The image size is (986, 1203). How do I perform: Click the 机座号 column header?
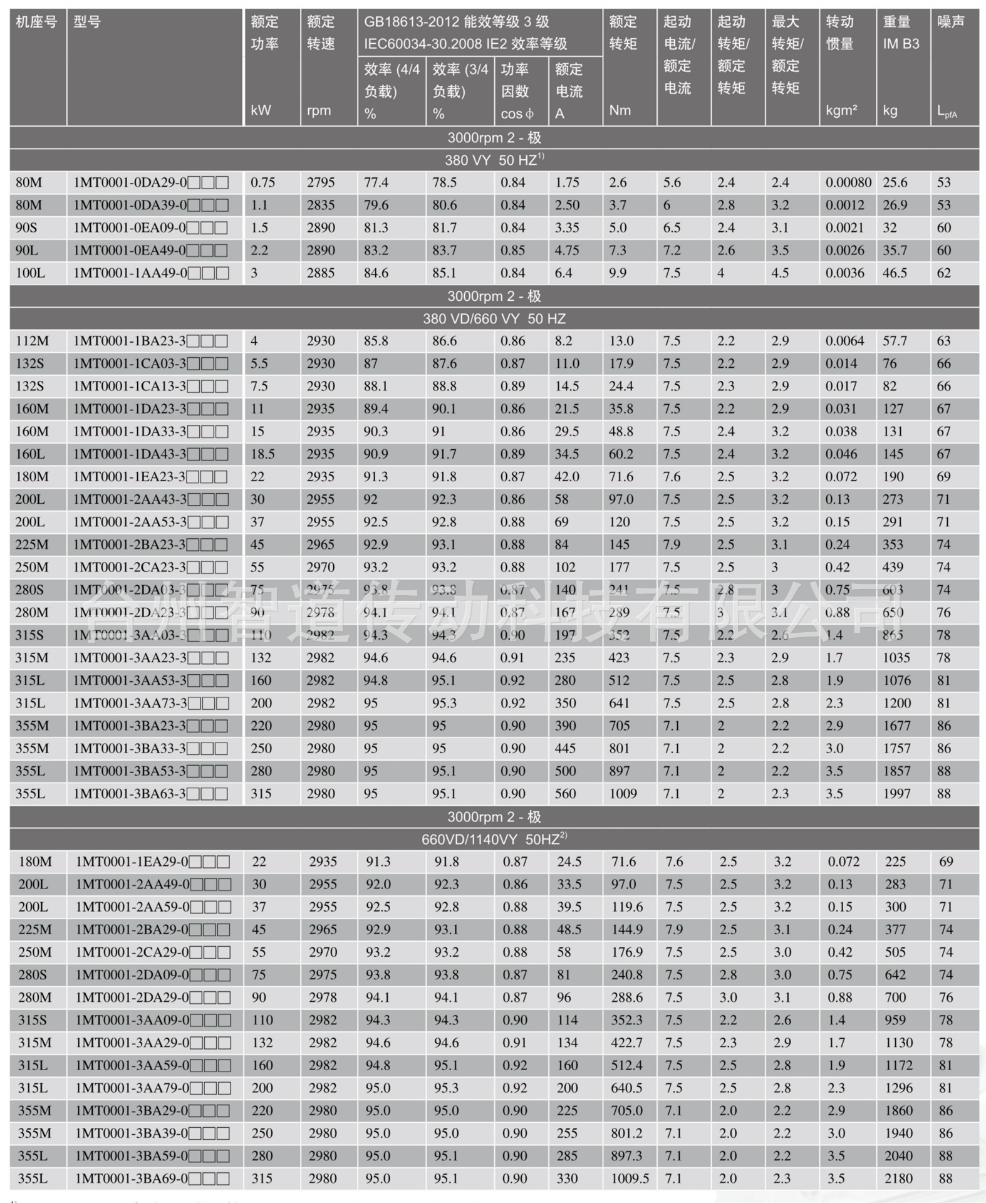pos(36,23)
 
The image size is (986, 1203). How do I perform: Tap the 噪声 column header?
pos(950,23)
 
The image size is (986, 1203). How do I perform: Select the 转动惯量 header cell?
pos(839,33)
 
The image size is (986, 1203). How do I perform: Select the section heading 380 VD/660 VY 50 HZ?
pos(494,319)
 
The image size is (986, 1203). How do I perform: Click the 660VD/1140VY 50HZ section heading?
pos(494,840)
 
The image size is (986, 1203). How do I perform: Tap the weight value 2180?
pos(898,1179)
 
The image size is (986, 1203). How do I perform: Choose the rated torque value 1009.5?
pos(630,1179)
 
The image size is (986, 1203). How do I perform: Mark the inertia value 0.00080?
pos(848,182)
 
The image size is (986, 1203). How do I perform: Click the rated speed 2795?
pos(321,182)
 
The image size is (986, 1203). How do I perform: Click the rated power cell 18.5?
pos(262,454)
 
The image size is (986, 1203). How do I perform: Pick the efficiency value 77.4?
pos(376,182)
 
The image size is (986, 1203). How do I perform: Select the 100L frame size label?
pos(31,273)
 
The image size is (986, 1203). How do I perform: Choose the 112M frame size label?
pos(32,341)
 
